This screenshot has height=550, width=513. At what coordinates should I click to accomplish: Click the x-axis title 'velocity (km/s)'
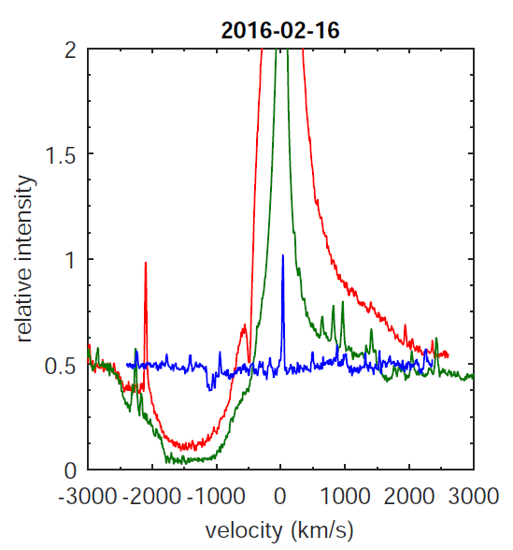tap(279, 530)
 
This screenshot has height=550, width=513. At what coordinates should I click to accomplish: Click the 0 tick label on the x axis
tap(280, 495)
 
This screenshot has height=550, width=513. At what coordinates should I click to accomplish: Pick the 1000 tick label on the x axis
tap(345, 495)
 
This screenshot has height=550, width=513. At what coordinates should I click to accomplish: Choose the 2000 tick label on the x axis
tap(409, 495)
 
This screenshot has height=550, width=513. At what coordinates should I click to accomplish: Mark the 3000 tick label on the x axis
tap(474, 495)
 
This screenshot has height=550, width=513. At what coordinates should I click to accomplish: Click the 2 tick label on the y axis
tap(69, 50)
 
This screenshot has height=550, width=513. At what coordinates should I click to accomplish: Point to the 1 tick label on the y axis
tap(69, 259)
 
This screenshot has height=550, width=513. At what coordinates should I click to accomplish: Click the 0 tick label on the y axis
tap(69, 470)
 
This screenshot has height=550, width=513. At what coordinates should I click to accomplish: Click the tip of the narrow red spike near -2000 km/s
tap(146, 263)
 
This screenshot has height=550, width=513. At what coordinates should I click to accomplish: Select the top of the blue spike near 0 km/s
tap(282, 254)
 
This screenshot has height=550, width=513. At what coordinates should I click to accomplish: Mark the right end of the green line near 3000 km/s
tap(473, 376)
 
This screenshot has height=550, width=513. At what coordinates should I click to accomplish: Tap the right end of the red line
tap(449, 355)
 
